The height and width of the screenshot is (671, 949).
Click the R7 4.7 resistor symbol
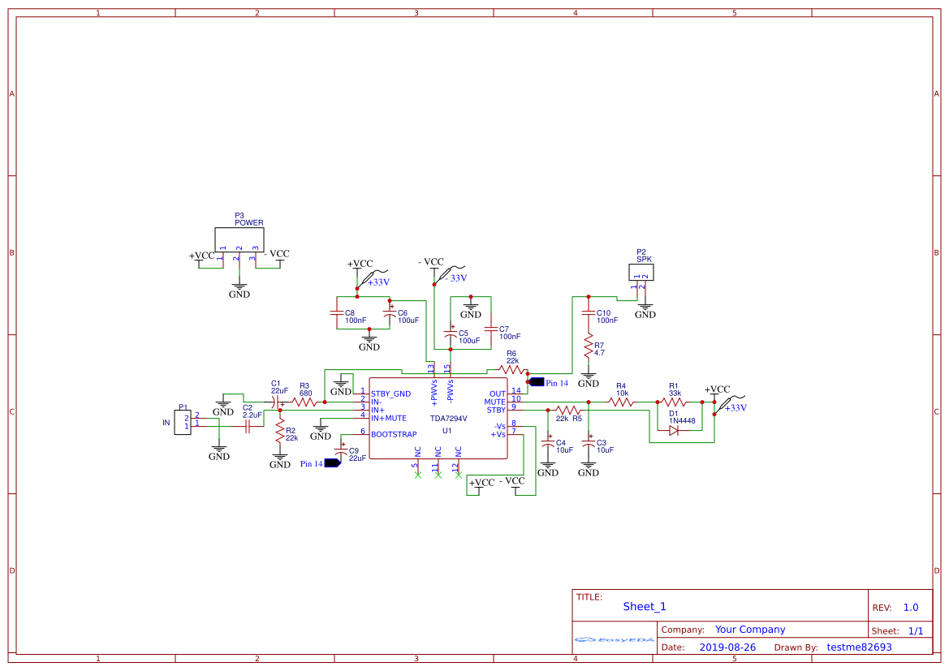pos(588,348)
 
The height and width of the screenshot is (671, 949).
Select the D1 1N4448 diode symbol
pos(674,431)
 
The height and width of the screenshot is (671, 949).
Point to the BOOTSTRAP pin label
pos(394,434)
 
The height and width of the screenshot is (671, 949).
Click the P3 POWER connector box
pos(239,239)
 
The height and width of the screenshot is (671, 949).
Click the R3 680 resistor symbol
pos(304,402)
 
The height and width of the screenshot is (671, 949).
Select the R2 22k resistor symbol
pos(280,431)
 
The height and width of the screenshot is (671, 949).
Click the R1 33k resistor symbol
pos(674,402)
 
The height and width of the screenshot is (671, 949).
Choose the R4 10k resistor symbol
pos(621,402)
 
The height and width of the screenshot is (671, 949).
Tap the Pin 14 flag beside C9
pos(332,464)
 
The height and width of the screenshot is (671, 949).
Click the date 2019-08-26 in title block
pos(727,647)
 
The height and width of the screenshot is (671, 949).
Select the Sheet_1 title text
pos(645,606)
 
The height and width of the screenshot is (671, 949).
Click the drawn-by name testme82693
pos(859,647)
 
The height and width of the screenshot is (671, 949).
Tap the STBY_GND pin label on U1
pos(390,394)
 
